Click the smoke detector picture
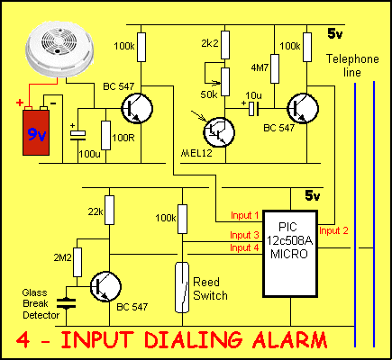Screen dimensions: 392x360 click(59, 52)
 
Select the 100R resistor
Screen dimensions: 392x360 click(105, 135)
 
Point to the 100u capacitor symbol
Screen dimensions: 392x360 click(77, 136)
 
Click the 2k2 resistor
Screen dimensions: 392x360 click(225, 45)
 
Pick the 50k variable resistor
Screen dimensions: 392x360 click(225, 82)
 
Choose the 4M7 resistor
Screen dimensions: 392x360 click(275, 68)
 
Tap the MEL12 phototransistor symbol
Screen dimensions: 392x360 click(219, 132)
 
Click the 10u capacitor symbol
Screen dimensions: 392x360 click(253, 109)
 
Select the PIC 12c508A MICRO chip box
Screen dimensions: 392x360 click(290, 254)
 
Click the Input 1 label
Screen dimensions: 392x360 click(244, 215)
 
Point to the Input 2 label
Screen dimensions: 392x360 click(333, 230)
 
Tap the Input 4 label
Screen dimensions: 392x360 click(244, 247)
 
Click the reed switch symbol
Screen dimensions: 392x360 click(182, 287)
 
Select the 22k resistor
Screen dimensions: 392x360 click(109, 210)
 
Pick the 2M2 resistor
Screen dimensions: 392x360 click(77, 262)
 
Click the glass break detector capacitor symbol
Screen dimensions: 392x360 click(67, 303)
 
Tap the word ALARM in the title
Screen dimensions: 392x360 click(289, 340)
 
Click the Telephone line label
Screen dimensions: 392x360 click(352, 66)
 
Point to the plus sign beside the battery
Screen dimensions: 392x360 click(20, 103)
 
